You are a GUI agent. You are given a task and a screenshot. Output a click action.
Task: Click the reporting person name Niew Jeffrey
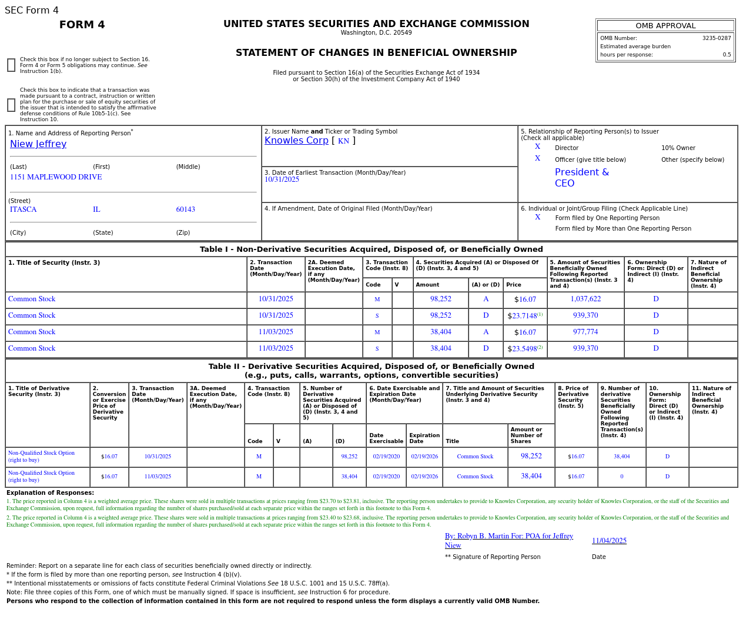point(38,144)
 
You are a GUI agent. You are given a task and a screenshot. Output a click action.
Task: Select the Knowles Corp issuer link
point(296,141)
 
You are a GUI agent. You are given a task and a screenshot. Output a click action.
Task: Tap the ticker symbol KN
point(343,141)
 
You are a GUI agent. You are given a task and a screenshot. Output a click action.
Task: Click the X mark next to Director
point(537,147)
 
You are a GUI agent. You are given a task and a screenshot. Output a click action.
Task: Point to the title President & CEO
point(581,178)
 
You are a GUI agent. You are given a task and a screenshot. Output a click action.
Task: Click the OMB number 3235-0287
point(716,38)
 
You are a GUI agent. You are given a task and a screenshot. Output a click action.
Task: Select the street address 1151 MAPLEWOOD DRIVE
point(56,177)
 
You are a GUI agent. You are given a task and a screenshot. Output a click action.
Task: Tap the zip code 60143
point(185,209)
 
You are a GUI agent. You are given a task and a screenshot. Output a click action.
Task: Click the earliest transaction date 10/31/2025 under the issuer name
point(282,180)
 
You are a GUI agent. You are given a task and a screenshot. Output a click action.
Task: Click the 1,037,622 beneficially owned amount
point(585,299)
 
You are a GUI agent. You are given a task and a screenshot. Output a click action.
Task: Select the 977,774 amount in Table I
point(585,332)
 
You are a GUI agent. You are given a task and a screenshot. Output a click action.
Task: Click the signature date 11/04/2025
point(609,541)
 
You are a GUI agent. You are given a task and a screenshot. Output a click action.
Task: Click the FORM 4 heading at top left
point(82,25)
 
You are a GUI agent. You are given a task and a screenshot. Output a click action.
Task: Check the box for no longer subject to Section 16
point(11,65)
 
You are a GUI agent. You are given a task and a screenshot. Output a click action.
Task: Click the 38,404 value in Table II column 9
point(621,457)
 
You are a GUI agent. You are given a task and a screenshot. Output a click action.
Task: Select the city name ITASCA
point(23,209)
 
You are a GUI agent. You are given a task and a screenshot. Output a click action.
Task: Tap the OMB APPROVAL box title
point(665,26)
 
